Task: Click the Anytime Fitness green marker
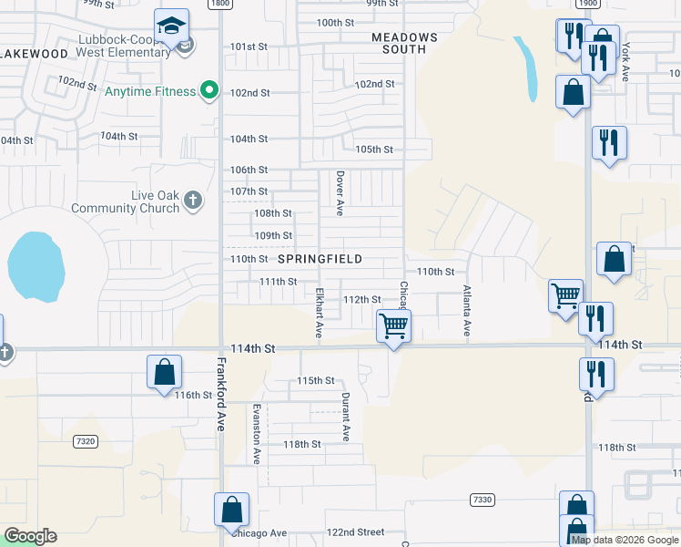(x=208, y=90)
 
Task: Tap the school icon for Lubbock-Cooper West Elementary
(x=171, y=26)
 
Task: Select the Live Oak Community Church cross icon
(x=192, y=199)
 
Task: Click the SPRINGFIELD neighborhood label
(x=320, y=259)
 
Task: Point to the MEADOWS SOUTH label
(x=405, y=43)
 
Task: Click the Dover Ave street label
(x=340, y=193)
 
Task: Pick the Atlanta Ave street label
(x=466, y=312)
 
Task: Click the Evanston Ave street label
(x=257, y=432)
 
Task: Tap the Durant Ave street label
(x=346, y=418)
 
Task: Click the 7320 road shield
(x=86, y=441)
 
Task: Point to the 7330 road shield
(x=483, y=500)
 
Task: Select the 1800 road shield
(x=219, y=4)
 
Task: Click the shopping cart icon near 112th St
(x=394, y=325)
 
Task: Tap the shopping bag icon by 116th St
(x=165, y=372)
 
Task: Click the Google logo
(x=31, y=536)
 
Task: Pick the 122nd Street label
(x=356, y=532)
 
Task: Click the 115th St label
(x=317, y=380)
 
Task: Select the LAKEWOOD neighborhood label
(x=34, y=54)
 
